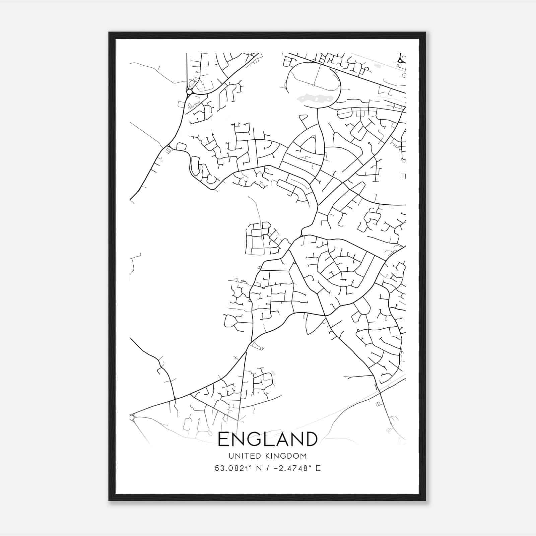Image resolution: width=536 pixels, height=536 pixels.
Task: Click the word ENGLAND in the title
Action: click(267, 439)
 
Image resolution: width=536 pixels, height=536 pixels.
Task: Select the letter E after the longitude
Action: click(318, 468)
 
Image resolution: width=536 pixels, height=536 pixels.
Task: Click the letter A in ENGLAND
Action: click(283, 439)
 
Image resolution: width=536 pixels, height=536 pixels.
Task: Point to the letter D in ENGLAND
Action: click(311, 439)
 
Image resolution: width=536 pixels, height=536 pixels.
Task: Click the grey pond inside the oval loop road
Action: click(313, 98)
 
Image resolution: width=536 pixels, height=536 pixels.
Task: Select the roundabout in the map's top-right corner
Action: click(400, 61)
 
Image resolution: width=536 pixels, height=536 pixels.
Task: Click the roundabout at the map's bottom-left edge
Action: click(131, 417)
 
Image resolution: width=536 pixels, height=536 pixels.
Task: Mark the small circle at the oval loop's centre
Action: click(314, 85)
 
